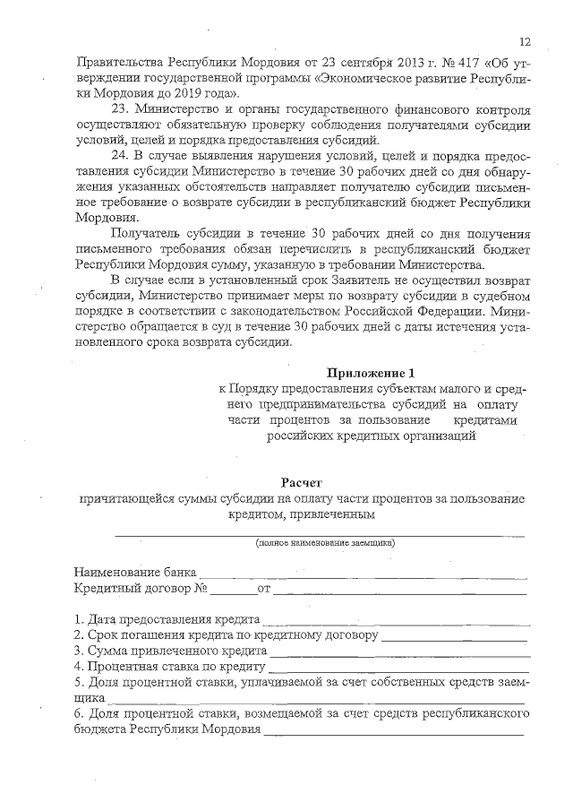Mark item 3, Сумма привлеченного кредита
pyautogui.click(x=170, y=651)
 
